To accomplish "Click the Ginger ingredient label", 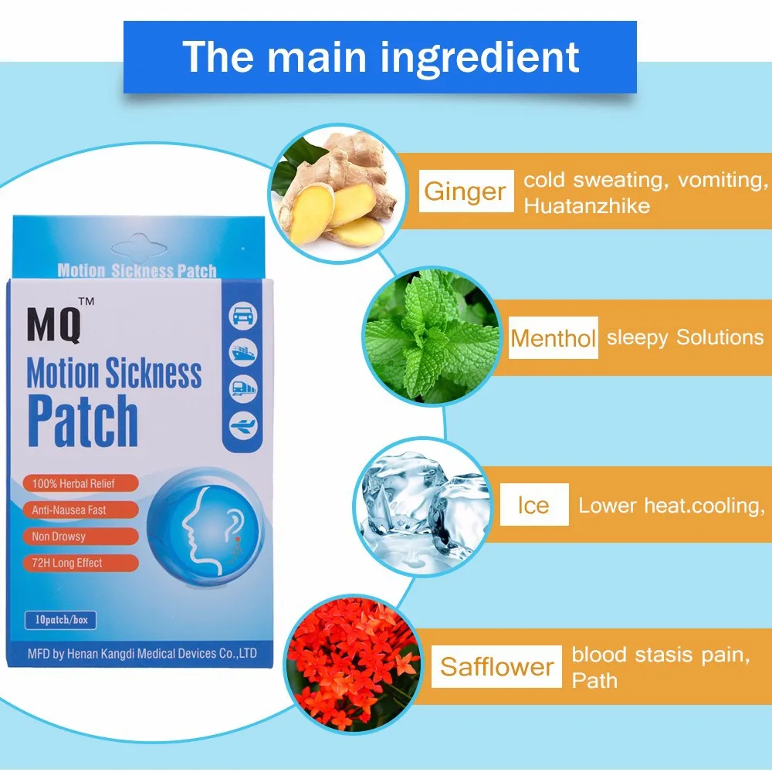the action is coord(466,191).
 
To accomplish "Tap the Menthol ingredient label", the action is coord(553,338).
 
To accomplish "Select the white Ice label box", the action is coord(533,505).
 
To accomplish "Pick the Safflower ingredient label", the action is coord(496,667).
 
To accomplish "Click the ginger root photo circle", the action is coord(332,189).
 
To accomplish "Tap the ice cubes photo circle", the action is coord(422,506).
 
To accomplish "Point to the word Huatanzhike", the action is coord(586,205).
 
